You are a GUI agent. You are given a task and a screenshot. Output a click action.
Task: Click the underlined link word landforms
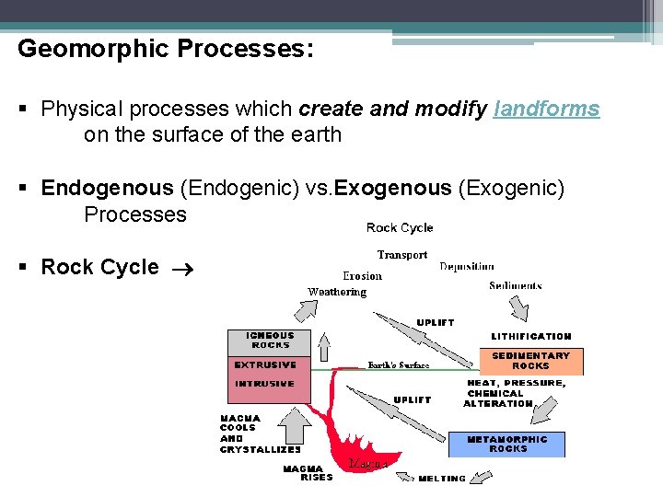(546, 110)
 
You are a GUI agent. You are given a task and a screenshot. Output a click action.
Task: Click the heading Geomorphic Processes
(166, 49)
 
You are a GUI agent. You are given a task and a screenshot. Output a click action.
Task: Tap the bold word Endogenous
(107, 189)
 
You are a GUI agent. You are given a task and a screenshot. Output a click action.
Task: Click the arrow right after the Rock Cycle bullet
(177, 268)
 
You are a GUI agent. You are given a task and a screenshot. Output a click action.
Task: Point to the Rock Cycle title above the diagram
(399, 228)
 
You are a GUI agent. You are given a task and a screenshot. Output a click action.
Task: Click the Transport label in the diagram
(402, 255)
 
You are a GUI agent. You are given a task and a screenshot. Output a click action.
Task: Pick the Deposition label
(467, 267)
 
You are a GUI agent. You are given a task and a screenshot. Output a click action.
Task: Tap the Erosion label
(362, 276)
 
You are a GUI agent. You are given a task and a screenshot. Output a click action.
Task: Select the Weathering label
(337, 293)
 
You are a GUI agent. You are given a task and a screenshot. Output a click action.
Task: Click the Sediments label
(516, 286)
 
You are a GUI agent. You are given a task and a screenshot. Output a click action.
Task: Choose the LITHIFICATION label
(531, 337)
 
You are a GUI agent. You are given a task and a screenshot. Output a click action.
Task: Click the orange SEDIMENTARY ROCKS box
(531, 361)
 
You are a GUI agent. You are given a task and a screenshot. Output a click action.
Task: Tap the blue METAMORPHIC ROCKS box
(507, 444)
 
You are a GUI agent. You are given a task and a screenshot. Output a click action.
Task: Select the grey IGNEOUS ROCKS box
(270, 341)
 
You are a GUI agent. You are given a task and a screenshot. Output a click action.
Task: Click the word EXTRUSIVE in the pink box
(265, 365)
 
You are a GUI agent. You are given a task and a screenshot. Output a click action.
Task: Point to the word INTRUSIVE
(264, 384)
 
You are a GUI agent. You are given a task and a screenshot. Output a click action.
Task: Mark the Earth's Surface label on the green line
(399, 365)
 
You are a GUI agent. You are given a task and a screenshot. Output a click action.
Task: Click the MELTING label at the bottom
(442, 479)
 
